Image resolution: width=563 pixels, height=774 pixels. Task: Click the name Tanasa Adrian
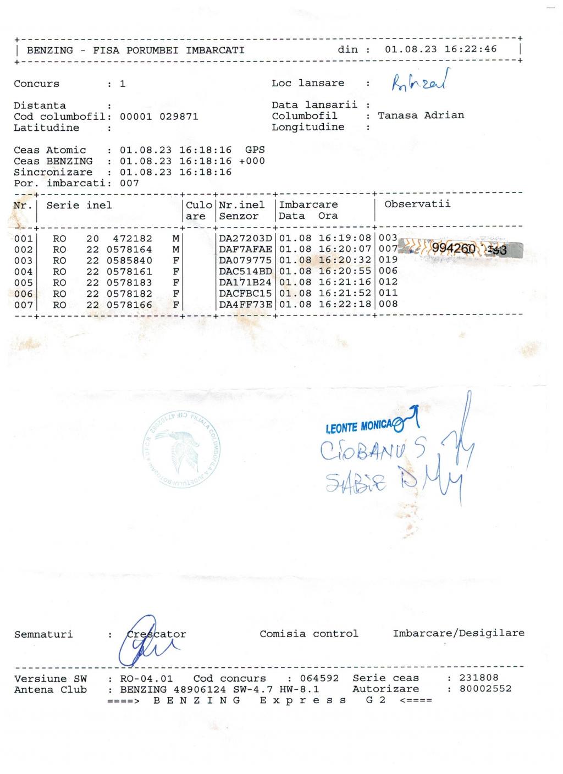click(421, 115)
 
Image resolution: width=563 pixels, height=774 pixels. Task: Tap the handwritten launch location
click(420, 81)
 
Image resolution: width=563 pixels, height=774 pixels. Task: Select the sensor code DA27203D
click(245, 239)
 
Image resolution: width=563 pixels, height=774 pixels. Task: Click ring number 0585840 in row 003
click(129, 261)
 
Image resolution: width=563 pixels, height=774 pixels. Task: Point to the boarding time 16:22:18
click(345, 304)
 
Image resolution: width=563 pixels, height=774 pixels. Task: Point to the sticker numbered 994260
click(454, 249)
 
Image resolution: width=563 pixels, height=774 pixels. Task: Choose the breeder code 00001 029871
click(159, 117)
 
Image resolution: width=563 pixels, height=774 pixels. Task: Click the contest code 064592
click(319, 678)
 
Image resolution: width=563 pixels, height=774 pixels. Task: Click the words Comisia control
click(308, 634)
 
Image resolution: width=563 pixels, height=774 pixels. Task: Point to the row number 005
click(24, 283)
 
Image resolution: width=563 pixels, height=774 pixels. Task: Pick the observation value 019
click(388, 259)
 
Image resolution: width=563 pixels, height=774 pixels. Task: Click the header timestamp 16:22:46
click(470, 49)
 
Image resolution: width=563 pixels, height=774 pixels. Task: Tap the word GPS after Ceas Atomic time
click(255, 150)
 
